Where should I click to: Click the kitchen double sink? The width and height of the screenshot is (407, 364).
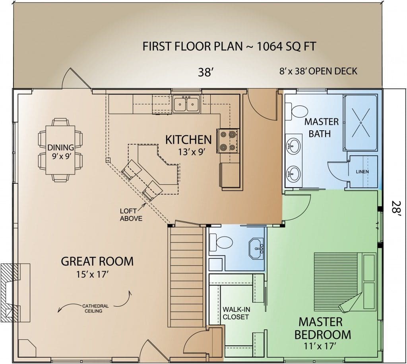click(186, 104)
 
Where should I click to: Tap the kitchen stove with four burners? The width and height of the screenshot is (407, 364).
click(228, 141)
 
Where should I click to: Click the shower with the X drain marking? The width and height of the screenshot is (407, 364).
click(360, 122)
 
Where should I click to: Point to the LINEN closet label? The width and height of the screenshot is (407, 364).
click(362, 172)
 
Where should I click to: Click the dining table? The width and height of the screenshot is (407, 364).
click(60, 150)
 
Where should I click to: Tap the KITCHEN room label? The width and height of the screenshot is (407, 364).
click(188, 140)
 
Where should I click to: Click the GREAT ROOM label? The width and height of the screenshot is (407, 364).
click(97, 261)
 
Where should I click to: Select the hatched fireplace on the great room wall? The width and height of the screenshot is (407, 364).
click(10, 293)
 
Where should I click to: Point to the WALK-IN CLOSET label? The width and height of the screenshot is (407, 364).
click(236, 313)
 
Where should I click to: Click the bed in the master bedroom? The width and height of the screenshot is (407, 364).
click(345, 281)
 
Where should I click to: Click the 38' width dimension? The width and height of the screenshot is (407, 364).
click(205, 72)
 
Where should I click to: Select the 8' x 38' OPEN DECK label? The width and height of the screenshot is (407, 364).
click(318, 71)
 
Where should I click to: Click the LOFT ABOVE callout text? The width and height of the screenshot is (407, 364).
click(131, 215)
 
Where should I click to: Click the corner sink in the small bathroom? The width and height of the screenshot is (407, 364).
click(256, 248)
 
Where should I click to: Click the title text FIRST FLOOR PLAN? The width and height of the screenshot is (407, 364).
click(192, 46)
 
